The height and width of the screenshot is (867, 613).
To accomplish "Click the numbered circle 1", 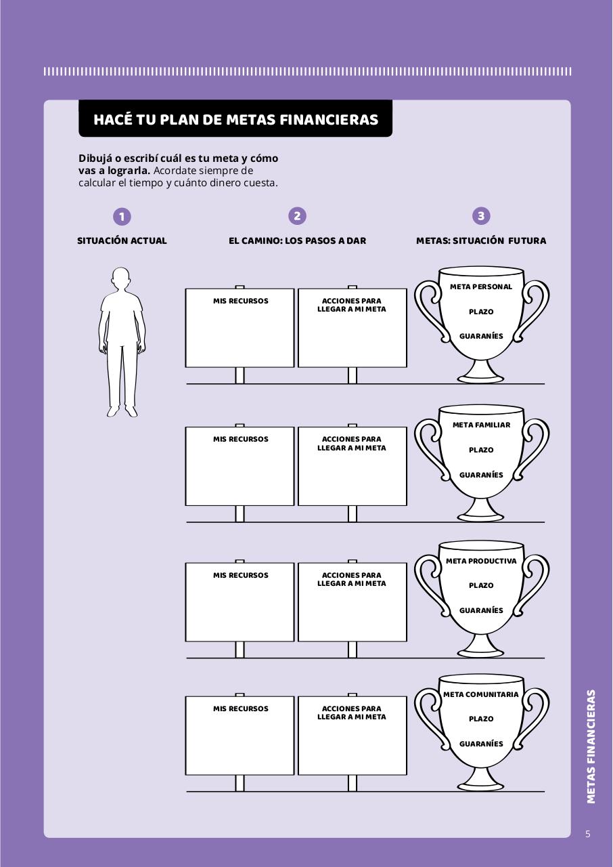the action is (x=122, y=216).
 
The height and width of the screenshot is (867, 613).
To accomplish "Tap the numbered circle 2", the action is (x=297, y=216).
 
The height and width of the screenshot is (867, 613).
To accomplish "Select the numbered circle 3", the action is (x=481, y=216).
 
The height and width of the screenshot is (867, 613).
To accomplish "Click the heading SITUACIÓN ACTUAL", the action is (x=122, y=240).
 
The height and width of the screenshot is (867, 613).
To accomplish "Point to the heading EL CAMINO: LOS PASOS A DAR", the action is (x=297, y=240).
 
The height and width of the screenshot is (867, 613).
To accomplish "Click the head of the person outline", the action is (x=120, y=278).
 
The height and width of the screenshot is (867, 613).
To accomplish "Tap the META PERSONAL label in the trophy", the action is (x=481, y=287).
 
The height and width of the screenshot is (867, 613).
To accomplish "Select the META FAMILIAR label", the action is (x=481, y=425).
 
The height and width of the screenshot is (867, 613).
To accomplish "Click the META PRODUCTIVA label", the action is (x=481, y=561).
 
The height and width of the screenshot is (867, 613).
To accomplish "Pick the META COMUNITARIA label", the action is (x=481, y=694).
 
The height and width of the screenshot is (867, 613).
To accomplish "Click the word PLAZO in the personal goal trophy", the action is (x=481, y=312).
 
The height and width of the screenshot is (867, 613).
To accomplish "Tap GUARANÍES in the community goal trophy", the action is (x=481, y=744).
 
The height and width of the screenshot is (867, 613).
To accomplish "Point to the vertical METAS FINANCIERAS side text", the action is (x=591, y=746).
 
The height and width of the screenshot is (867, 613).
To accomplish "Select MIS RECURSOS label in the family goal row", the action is (x=240, y=439).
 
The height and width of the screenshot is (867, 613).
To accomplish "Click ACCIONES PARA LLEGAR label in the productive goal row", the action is (x=352, y=579).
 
